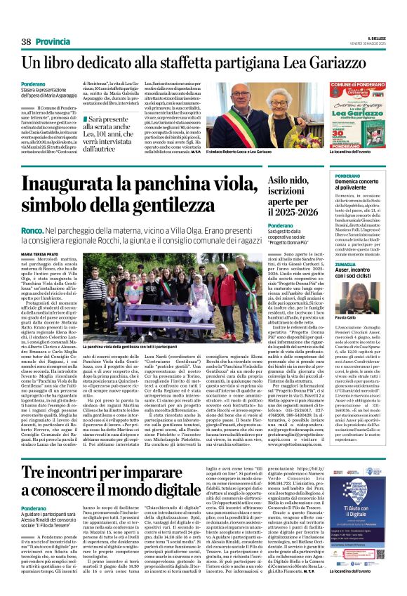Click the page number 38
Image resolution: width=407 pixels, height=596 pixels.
[27, 41]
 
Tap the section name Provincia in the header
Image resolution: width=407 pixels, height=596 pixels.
[54, 41]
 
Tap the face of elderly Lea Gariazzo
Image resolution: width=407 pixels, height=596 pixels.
[288, 106]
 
